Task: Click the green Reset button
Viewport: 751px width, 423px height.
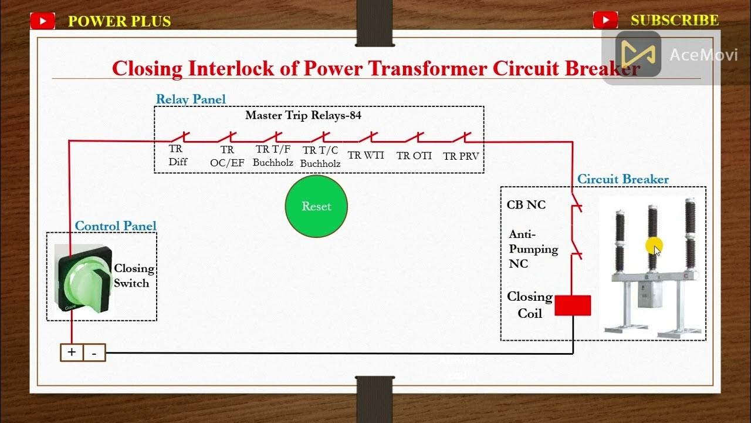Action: pos(316,206)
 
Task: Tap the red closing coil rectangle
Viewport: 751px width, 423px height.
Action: pos(573,305)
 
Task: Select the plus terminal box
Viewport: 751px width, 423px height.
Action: pos(72,352)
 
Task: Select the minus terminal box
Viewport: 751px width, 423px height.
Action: pos(94,353)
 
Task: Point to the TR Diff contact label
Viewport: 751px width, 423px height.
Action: pos(177,156)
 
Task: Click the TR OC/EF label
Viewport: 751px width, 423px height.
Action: pos(227,157)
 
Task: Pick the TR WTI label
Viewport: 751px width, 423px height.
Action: pos(366,156)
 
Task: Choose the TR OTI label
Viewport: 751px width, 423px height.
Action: pos(414,156)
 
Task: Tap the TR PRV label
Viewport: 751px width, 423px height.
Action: pos(461,156)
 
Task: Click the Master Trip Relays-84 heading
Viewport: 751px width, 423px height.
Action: pos(303,115)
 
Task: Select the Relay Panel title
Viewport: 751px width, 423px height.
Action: pos(191,99)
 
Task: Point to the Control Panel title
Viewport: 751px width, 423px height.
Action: pos(116,226)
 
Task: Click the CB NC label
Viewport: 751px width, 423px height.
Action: pos(526,204)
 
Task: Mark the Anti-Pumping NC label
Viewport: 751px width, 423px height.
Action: pos(533,249)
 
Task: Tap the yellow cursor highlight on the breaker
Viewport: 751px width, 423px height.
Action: pos(654,246)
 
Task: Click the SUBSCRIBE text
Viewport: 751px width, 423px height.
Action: pos(675,21)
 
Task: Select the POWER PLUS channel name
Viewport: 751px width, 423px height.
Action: pos(119,22)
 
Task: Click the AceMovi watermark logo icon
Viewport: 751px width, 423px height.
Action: pos(638,54)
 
